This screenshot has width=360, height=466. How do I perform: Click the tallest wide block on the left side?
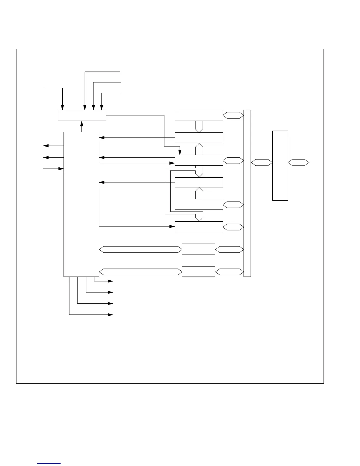[81, 204]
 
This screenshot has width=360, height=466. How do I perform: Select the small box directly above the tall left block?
[82, 115]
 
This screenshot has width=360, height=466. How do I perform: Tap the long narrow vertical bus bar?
[247, 193]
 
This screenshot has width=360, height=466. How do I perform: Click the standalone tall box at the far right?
[280, 165]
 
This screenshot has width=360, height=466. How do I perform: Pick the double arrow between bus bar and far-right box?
[261, 162]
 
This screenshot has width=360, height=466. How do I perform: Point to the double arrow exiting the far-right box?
[298, 162]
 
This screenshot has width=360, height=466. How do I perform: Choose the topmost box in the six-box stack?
[199, 115]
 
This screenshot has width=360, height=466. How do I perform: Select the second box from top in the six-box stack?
[199, 138]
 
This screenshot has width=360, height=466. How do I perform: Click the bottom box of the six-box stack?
[199, 227]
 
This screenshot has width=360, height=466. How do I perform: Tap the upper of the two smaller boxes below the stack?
[199, 249]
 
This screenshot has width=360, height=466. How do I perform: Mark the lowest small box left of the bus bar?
[199, 271]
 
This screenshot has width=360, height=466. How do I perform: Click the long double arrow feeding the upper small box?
[140, 249]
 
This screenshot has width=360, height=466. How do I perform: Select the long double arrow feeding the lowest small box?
[140, 272]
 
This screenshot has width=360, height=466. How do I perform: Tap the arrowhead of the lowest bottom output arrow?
[111, 315]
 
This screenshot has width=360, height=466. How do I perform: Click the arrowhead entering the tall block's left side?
[61, 169]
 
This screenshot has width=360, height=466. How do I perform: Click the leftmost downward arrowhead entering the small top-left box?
[62, 107]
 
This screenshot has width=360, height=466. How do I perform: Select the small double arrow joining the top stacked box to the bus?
[233, 115]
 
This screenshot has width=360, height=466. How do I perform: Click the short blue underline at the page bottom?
[49, 463]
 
